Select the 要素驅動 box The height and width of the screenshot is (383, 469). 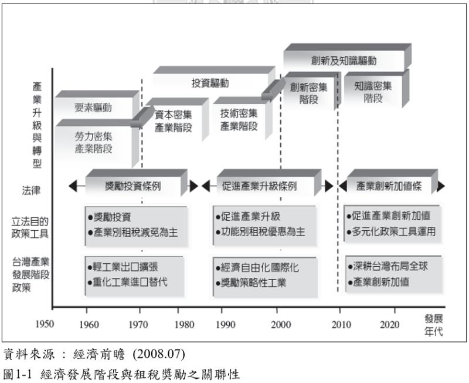94,108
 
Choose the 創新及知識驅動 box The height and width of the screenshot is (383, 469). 344,61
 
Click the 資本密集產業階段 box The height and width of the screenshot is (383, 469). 173,120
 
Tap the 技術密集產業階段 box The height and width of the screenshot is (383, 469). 238,120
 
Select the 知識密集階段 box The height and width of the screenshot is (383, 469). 373,92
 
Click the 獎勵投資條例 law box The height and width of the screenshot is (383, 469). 133,186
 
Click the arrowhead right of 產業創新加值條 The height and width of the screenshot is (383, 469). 441,186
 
